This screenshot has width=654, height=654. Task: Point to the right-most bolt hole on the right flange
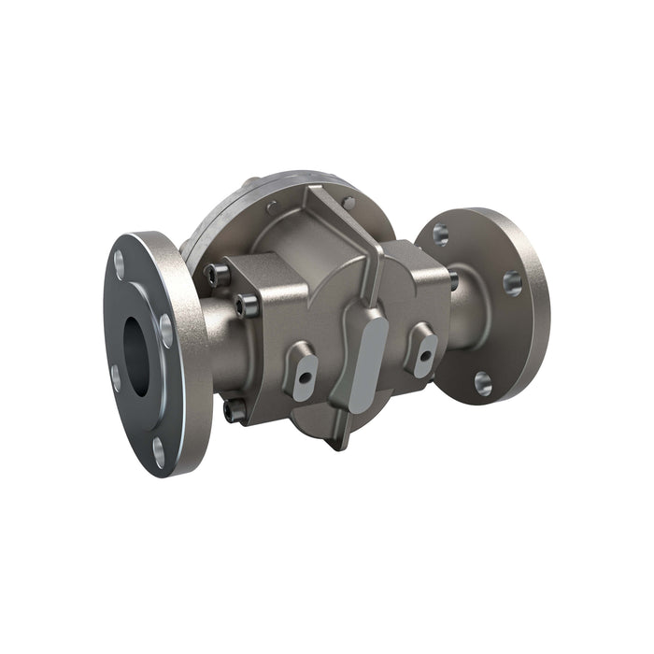[x=512, y=282]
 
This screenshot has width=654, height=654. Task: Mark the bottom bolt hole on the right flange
[x=482, y=381]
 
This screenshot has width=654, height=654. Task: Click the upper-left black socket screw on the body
[x=218, y=273]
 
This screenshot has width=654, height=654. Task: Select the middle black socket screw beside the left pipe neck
[x=248, y=304]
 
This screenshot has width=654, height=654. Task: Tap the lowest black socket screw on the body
[x=233, y=407]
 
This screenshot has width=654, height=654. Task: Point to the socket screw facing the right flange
[x=452, y=277]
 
